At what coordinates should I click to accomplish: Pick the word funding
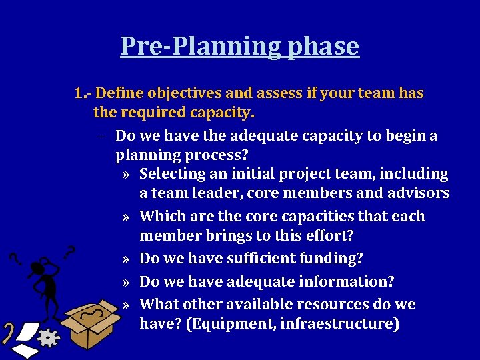pos(335,258)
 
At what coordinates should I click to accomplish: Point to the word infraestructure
pos(344,324)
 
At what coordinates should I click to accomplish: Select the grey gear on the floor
pos(47,339)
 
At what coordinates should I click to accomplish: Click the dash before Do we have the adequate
pos(98,137)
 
